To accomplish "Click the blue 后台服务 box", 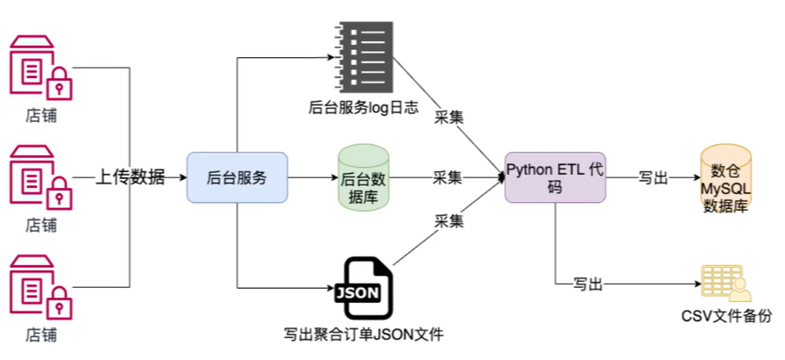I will (237, 177).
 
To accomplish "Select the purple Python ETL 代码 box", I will (556, 177).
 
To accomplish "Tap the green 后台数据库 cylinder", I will (364, 177).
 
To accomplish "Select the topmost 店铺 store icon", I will (38, 67).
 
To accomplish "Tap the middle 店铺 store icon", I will (38, 177).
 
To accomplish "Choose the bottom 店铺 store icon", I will (38, 287).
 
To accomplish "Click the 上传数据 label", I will (131, 177).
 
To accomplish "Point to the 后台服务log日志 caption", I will (363, 108).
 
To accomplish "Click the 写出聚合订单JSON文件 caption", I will (363, 335).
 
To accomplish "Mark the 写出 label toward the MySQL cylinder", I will (653, 177).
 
